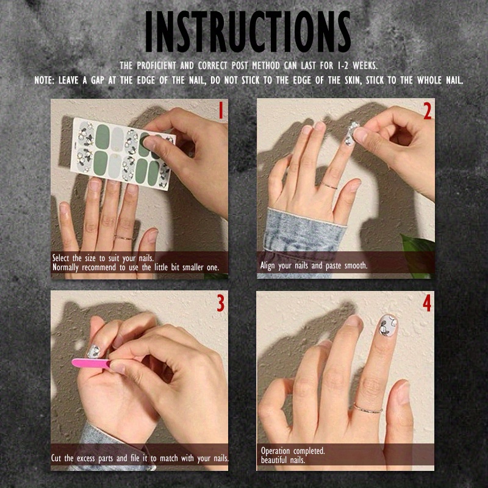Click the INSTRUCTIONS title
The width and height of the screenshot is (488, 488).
pyautogui.click(x=248, y=32)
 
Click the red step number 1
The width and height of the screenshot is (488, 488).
pyautogui.click(x=220, y=110)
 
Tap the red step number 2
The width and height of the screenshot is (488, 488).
pyautogui.click(x=427, y=110)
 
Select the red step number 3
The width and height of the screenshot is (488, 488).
pyautogui.click(x=220, y=303)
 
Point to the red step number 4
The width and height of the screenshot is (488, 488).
pyautogui.click(x=427, y=303)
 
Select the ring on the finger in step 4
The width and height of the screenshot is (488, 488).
pyautogui.click(x=368, y=407)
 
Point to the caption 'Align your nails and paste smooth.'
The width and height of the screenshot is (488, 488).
pyautogui.click(x=314, y=266)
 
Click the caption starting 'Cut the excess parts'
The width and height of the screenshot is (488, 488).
pyautogui.click(x=140, y=457)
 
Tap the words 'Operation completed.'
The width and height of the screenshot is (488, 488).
pyautogui.click(x=293, y=451)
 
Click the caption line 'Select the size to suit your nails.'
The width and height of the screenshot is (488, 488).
pyautogui.click(x=103, y=258)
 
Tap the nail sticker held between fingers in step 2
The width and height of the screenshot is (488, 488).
pyautogui.click(x=352, y=134)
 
